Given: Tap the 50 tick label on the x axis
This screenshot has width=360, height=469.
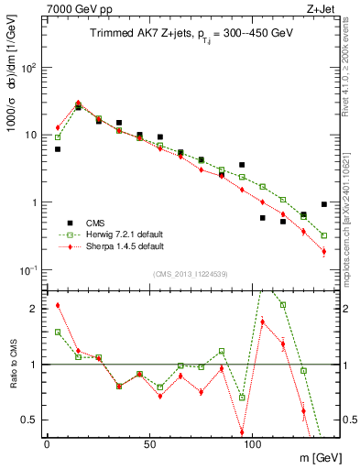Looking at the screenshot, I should pyautogui.click(x=139, y=442).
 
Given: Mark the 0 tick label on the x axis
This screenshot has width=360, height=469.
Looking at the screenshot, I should pyautogui.click(x=47, y=442).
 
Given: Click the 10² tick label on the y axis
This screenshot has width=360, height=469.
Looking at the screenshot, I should pyautogui.click(x=29, y=68).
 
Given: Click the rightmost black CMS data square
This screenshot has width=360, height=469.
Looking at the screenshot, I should pyautogui.click(x=324, y=204).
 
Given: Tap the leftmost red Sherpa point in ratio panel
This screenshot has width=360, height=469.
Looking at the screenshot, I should pyautogui.click(x=58, y=305).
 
